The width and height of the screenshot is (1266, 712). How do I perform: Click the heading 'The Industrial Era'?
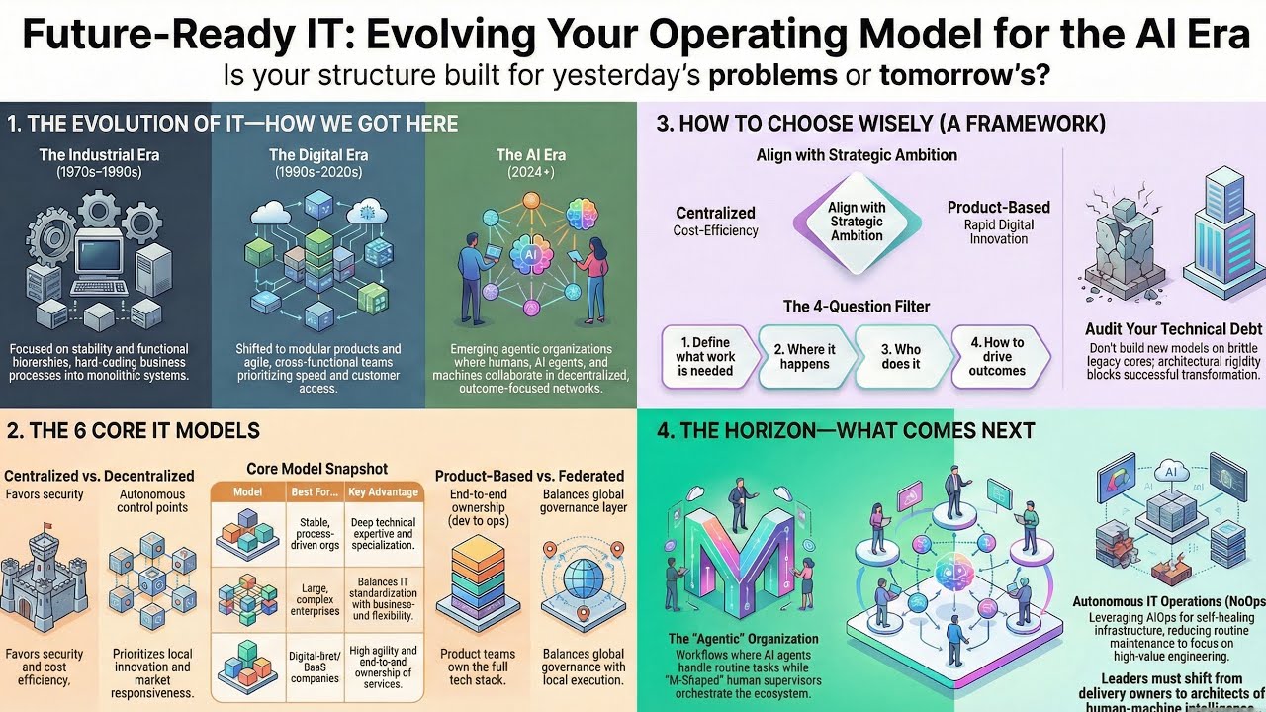99,154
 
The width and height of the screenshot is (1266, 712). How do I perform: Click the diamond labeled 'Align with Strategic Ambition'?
857,222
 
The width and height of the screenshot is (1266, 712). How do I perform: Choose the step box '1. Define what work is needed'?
705,357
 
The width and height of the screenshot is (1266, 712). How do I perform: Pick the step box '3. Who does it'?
900,357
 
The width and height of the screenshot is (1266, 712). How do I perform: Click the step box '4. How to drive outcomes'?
997,357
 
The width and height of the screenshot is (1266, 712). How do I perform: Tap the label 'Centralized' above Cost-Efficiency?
715,213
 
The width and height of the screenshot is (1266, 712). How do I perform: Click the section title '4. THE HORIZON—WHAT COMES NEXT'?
846,431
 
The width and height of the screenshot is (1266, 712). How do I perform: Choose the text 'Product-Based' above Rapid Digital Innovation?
998,208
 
